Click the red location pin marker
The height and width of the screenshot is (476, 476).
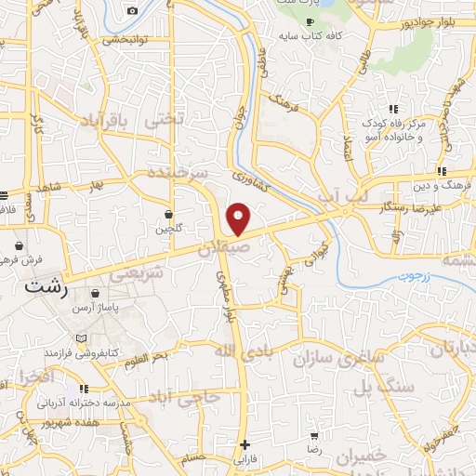pyautogui.click(x=239, y=219)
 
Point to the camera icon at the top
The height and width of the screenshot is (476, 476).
pyautogui.click(x=132, y=10)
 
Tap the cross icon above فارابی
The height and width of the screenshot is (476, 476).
pyautogui.click(x=245, y=444)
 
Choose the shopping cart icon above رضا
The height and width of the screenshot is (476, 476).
pyautogui.click(x=315, y=435)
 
